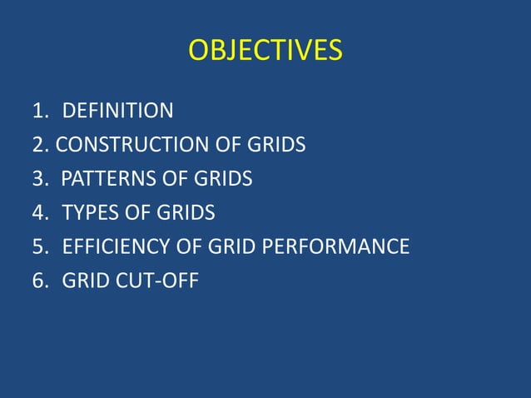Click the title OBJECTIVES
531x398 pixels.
(265, 52)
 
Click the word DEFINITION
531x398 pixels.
(118, 111)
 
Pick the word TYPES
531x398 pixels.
(90, 213)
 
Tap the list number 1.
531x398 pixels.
(38, 111)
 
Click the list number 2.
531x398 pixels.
(38, 145)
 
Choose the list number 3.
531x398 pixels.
(38, 179)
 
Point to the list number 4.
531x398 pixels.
(38, 213)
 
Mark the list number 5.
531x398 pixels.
(38, 247)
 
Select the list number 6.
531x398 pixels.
(38, 281)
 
